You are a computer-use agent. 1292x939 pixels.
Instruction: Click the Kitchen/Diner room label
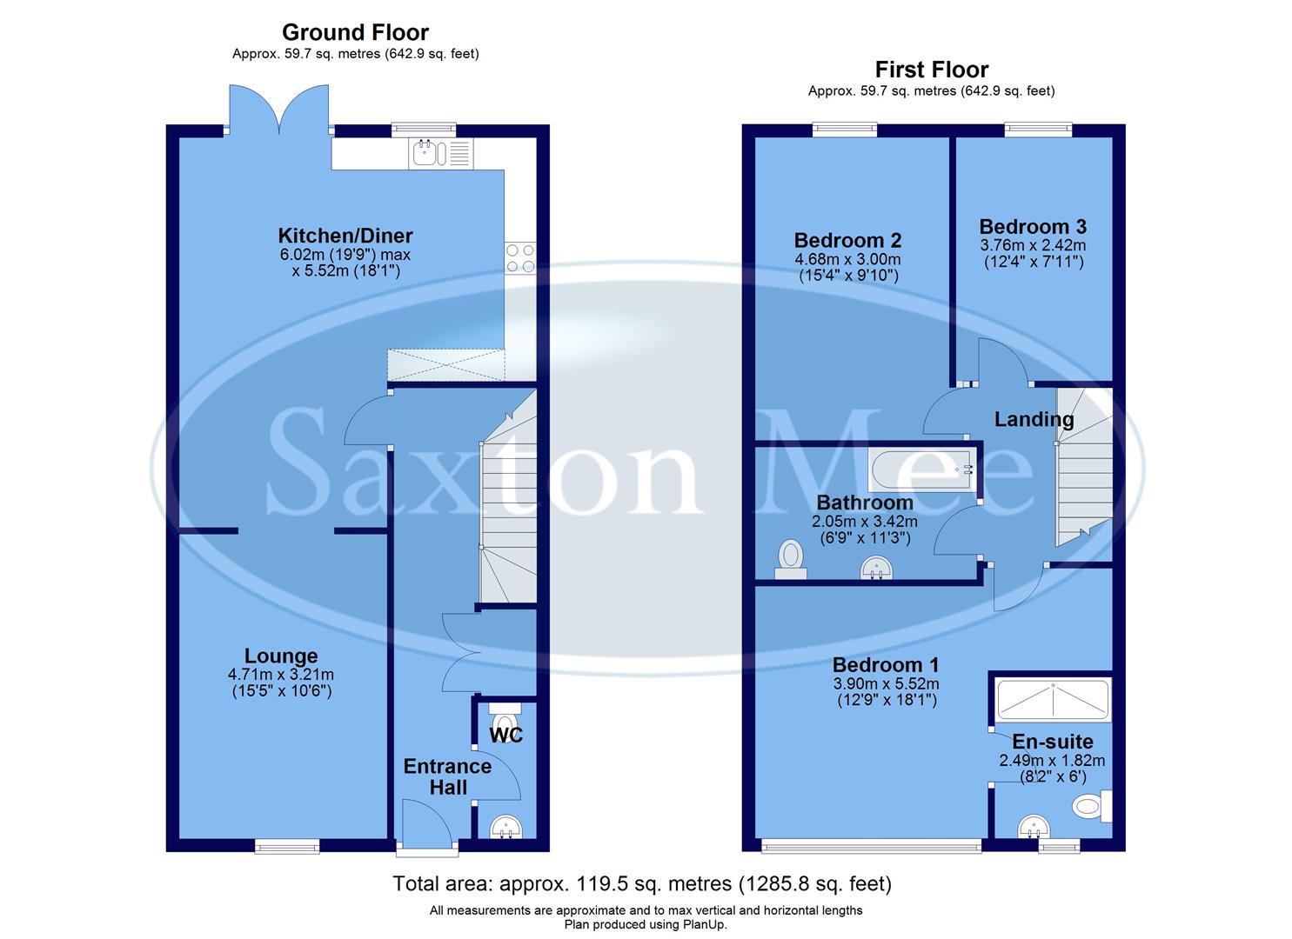345,236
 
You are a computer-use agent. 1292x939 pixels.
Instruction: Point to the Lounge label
281,656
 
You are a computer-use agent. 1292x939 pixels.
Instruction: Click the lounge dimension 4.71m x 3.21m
281,675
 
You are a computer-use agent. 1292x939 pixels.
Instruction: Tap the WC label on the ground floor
505,736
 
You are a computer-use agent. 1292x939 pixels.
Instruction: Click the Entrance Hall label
447,776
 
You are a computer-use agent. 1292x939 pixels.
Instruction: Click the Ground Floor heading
355,33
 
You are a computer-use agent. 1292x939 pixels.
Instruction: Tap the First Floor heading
931,70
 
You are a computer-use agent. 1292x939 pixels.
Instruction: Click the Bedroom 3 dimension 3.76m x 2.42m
1033,245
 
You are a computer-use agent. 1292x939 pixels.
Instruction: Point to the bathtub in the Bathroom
922,469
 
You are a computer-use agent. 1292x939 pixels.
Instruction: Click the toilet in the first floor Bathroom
791,557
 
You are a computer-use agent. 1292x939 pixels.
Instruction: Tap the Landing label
1034,419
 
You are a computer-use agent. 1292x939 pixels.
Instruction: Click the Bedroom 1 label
886,665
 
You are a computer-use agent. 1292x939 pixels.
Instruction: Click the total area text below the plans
642,884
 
